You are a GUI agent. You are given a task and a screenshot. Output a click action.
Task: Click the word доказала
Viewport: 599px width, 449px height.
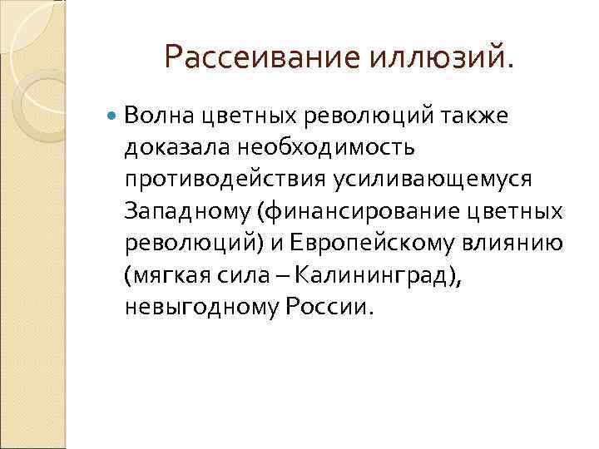[x=173, y=147]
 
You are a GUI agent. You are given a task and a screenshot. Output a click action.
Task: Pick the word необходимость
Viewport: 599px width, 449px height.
[x=322, y=147]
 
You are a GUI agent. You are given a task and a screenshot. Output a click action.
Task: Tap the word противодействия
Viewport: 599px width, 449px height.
[x=223, y=179]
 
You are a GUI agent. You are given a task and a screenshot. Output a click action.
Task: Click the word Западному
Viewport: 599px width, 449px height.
[x=187, y=210]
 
